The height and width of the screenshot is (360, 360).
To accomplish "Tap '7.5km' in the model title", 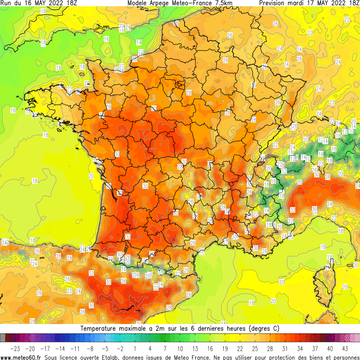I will (x=222, y=3).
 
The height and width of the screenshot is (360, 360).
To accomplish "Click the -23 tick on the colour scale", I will (x=15, y=348).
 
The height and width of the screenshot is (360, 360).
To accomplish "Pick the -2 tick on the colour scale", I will (x=120, y=348).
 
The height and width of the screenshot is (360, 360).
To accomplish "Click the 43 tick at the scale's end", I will (x=345, y=348).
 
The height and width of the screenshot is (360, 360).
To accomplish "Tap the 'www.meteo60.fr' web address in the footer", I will (x=21, y=357).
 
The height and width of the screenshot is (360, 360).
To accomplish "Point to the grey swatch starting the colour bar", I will (x=3, y=338).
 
